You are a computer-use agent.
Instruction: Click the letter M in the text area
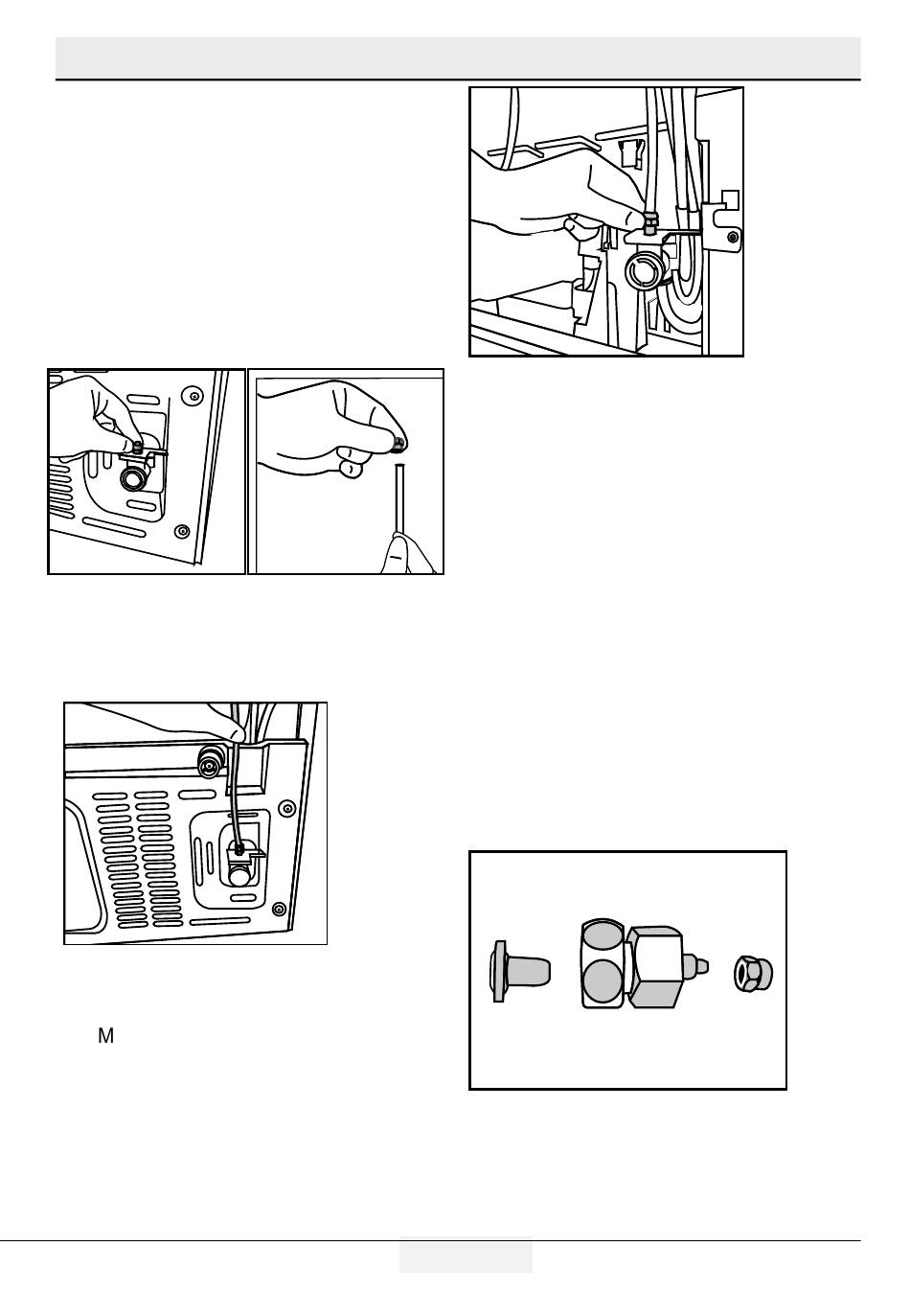105,1036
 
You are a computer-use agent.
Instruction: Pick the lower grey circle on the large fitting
603,984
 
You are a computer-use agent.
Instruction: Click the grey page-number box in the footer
466,1255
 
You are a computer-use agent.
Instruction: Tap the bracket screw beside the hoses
733,236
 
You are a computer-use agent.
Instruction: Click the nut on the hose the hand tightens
649,225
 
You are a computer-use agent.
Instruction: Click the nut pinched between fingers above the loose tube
397,443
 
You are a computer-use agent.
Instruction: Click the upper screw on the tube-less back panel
194,395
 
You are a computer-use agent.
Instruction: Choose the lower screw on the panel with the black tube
277,908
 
